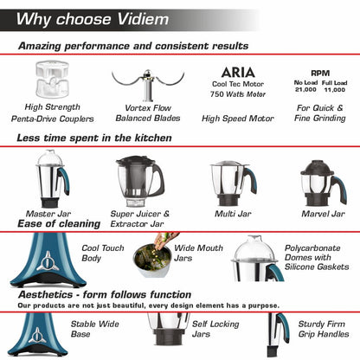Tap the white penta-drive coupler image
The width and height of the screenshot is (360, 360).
[51, 79]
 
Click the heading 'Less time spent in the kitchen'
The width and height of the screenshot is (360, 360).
[93, 138]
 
